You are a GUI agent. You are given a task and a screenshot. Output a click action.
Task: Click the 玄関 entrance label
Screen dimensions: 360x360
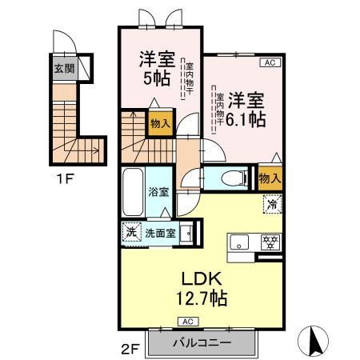click(63, 69)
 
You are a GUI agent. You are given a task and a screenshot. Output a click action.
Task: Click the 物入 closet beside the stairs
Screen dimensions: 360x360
click(158, 124)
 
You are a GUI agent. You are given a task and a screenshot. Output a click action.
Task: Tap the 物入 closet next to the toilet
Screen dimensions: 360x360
click(268, 178)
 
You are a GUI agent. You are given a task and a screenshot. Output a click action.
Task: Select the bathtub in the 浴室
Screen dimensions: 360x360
click(133, 192)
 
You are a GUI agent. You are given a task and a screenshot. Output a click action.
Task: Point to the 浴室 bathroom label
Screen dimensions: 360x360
click(158, 192)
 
